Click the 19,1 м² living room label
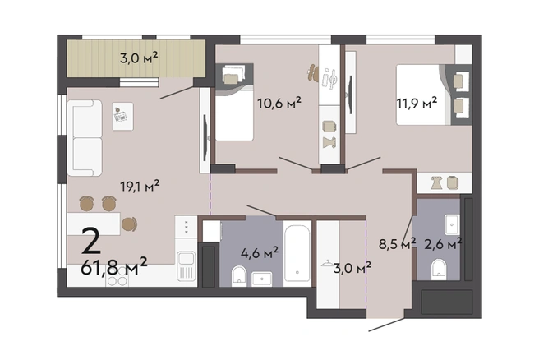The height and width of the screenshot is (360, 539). (140, 186)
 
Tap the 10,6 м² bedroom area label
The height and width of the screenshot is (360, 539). (279, 103)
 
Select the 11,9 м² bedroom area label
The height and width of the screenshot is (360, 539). (417, 103)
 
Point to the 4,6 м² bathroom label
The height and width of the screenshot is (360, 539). (260, 253)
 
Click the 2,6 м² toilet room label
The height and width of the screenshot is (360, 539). (443, 244)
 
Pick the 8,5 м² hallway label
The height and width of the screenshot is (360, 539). (397, 244)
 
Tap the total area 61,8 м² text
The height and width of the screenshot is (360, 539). (114, 266)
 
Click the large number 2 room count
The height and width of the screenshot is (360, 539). (91, 241)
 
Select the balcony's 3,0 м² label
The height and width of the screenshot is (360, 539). (139, 58)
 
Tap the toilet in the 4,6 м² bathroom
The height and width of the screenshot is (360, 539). (239, 276)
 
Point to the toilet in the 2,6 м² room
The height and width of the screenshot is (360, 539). (438, 269)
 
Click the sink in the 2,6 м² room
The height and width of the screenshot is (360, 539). (452, 224)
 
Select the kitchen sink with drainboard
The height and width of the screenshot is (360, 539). (186, 266)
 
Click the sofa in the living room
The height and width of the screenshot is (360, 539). (85, 138)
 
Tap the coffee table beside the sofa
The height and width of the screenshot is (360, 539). (122, 116)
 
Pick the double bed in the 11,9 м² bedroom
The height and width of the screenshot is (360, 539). (423, 95)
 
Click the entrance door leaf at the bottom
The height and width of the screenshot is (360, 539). (387, 325)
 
